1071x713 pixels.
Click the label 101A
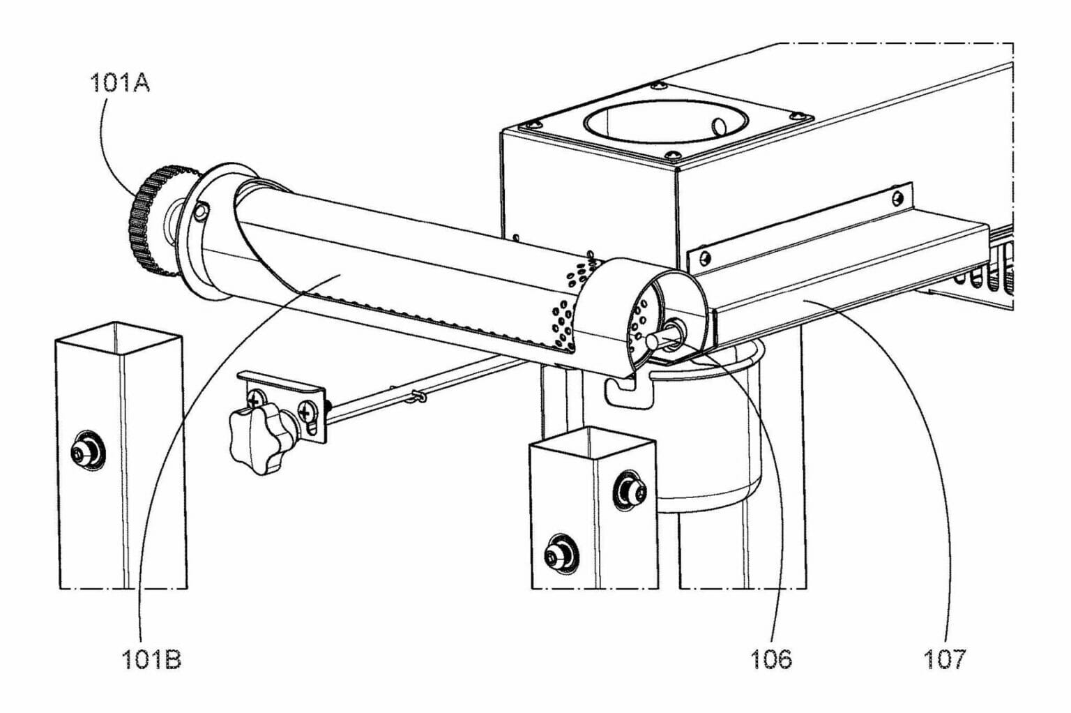click(119, 84)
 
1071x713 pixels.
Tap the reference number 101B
click(151, 659)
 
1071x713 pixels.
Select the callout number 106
click(771, 659)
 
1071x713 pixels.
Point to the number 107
click(945, 659)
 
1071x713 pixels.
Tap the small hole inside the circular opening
click(719, 126)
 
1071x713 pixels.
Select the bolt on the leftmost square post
click(89, 454)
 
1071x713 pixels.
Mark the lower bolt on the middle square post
click(561, 555)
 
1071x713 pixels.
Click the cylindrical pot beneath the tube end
click(711, 446)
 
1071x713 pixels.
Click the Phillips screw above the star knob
click(256, 398)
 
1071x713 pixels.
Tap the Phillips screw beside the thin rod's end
click(307, 412)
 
